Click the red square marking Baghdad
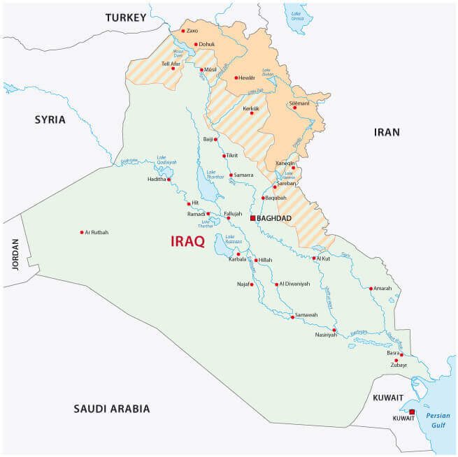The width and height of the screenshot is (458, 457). (x=253, y=218)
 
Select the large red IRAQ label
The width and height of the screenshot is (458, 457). (x=188, y=242)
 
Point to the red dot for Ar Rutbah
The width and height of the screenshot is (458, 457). (x=82, y=232)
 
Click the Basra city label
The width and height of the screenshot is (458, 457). (x=393, y=353)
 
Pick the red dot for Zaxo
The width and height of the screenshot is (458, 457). (x=183, y=31)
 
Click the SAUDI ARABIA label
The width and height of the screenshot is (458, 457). (x=112, y=409)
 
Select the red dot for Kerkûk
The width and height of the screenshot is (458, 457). (x=252, y=113)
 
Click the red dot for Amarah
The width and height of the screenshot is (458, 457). (x=371, y=288)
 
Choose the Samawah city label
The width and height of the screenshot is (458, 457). (x=306, y=315)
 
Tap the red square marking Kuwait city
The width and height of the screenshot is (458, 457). (x=412, y=412)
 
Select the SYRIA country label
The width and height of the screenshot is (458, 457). (x=50, y=119)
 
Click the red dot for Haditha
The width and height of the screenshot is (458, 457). (x=169, y=180)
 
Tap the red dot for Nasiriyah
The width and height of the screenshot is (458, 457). (x=334, y=330)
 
